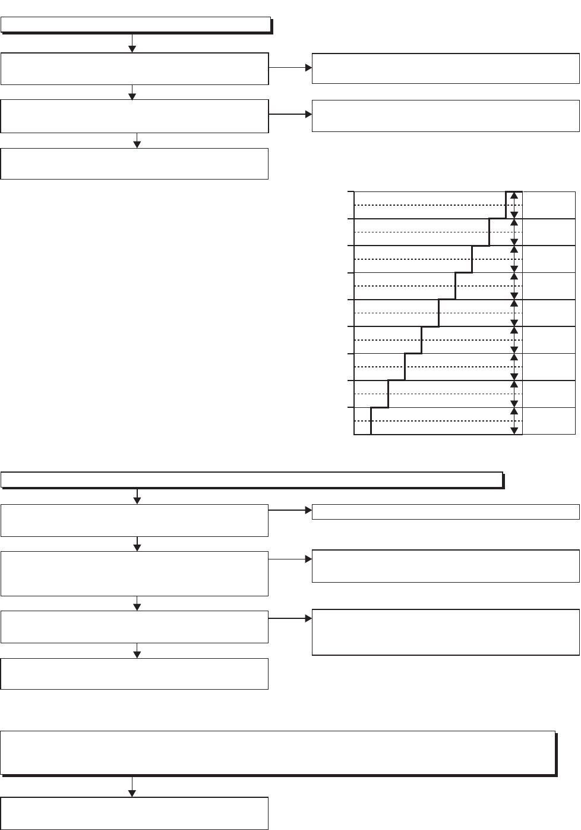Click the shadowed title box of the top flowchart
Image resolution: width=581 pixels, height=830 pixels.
pos(136,25)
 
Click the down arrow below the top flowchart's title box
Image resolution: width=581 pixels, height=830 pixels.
pos(132,43)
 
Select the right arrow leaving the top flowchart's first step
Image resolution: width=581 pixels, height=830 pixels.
pos(290,68)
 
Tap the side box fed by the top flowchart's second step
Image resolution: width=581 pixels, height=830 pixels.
pos(446,115)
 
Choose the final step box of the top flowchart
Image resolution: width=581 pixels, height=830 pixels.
pos(134,164)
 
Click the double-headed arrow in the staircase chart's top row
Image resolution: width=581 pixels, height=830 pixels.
pos(514,205)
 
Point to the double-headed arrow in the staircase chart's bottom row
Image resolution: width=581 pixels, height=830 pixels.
pos(514,421)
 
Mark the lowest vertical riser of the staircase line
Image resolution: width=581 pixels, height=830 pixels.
pos(371,421)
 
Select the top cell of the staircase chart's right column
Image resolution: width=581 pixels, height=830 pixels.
pos(548,205)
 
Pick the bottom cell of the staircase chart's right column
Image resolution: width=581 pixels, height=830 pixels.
pos(548,421)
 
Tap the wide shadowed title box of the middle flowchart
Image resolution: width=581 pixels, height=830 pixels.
pos(252,480)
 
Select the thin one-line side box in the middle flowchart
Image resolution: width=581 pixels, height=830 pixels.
pos(446,511)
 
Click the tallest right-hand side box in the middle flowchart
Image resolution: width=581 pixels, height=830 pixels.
pos(446,632)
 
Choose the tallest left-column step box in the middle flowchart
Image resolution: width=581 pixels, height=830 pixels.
pos(134,573)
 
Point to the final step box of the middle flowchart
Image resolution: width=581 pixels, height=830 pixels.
pos(134,674)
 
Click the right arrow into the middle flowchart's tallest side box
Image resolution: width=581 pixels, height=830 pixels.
pos(290,618)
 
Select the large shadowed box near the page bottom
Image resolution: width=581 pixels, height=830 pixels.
pos(278,753)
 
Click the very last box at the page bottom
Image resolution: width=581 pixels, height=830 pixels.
pos(134,813)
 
